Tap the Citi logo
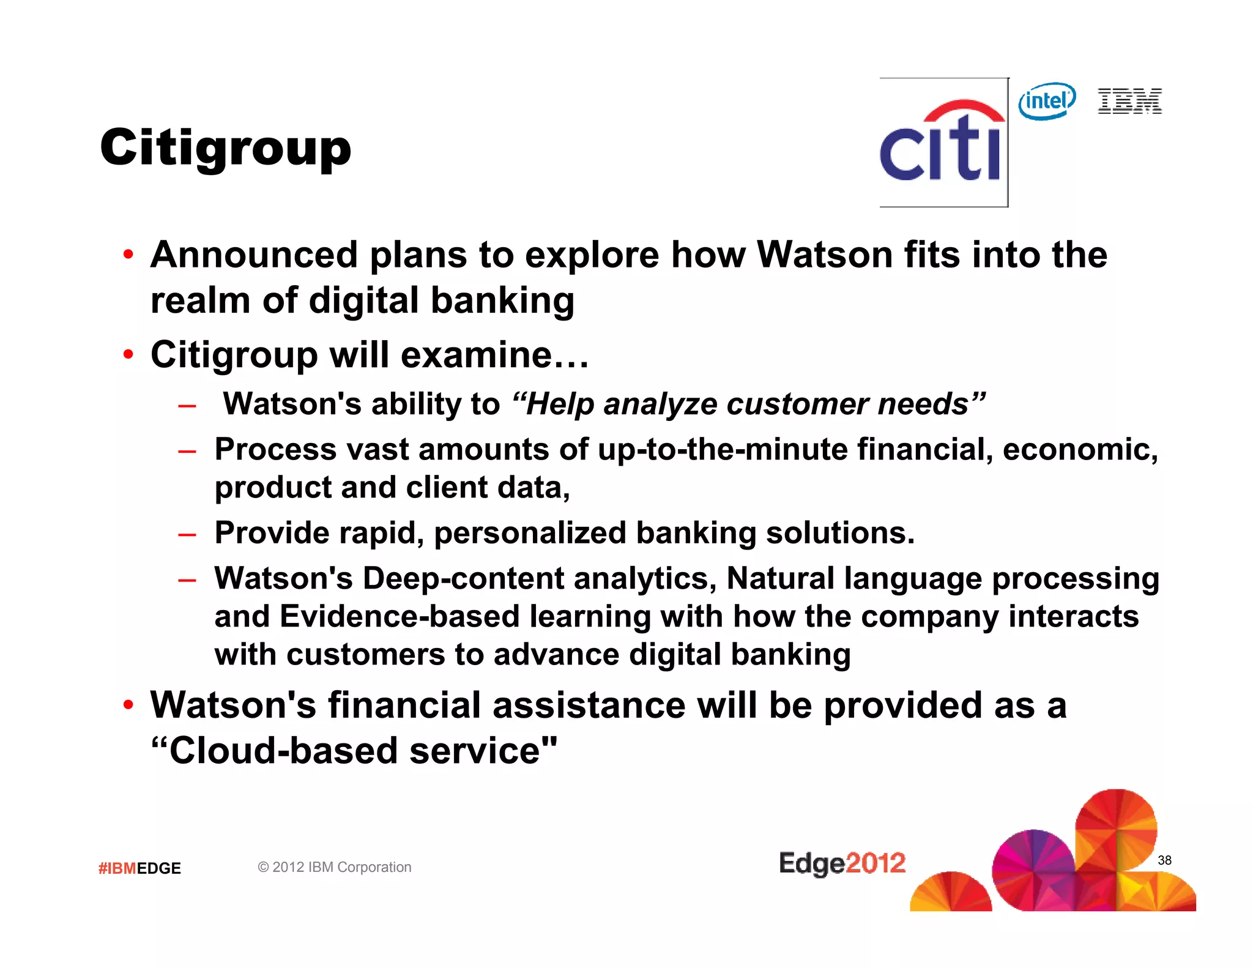(942, 144)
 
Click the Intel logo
(1047, 101)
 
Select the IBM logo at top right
(1129, 101)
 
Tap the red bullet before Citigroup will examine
(128, 354)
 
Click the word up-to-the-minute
(723, 450)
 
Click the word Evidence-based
(400, 617)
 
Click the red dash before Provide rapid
(187, 534)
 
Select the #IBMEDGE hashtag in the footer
(139, 868)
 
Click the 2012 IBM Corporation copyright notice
(334, 867)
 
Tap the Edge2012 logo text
(842, 863)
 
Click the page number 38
(1164, 860)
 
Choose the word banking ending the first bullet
(502, 301)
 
